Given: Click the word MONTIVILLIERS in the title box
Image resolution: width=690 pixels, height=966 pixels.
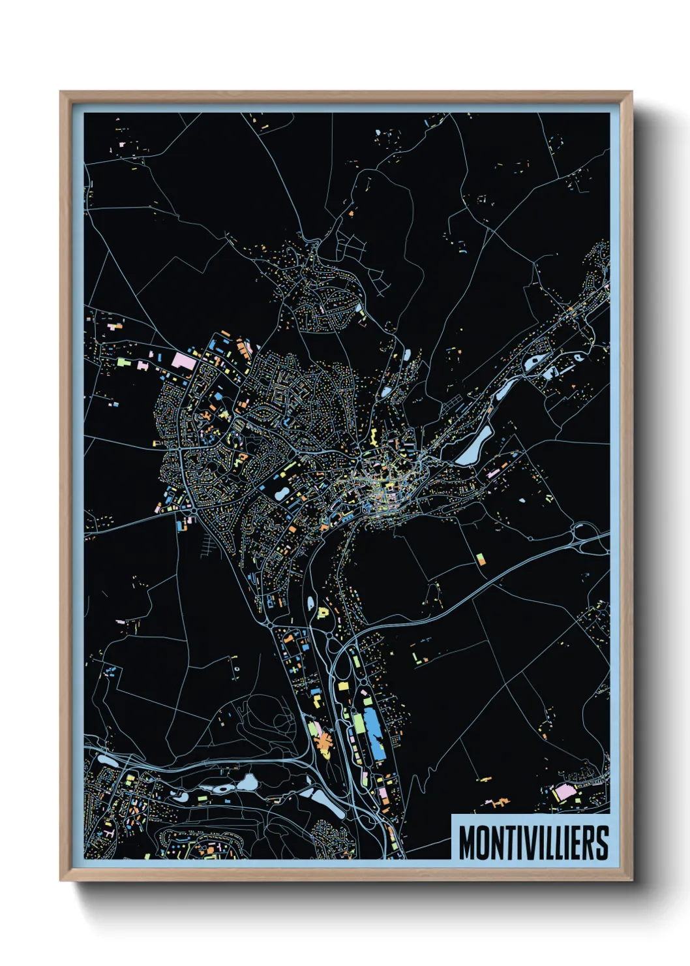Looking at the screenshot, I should [533, 843].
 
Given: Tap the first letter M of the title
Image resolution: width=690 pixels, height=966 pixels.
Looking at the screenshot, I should [467, 843].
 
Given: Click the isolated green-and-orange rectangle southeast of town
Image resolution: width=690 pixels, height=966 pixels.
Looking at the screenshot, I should [481, 559].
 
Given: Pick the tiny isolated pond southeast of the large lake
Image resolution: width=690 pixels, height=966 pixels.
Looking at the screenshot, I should [522, 501].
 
